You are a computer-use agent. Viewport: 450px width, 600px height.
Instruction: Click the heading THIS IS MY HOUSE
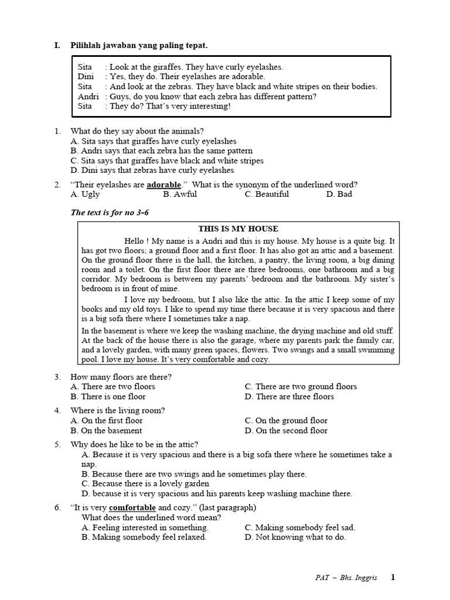pos(238,229)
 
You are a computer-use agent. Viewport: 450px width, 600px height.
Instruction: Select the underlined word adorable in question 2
pos(163,185)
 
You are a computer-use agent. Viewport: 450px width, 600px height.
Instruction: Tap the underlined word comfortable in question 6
pos(132,507)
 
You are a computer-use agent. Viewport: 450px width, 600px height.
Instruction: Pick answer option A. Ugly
pos(85,195)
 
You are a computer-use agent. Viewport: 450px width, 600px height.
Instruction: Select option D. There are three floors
pos(289,397)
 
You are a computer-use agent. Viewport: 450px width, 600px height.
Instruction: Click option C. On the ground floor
pos(286,421)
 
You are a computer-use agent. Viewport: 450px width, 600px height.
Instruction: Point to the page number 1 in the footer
pos(393,577)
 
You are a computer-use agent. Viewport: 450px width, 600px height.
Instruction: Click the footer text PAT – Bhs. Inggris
pos(348,578)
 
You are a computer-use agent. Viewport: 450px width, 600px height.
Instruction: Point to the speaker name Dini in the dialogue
pos(86,77)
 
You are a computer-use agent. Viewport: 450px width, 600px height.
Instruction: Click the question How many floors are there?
pos(121,377)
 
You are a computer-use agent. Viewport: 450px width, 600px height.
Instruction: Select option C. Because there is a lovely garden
pos(145,483)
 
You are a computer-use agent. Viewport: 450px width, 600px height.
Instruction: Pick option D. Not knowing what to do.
pos(295,537)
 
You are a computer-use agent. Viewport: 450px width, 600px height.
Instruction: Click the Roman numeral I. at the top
pos(57,45)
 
